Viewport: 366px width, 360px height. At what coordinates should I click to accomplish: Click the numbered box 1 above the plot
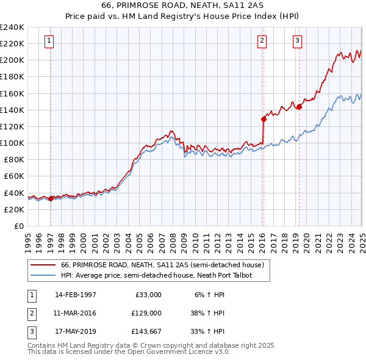(49, 41)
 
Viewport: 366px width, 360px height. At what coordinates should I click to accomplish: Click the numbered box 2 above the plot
(262, 41)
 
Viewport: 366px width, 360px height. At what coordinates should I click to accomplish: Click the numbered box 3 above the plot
(297, 41)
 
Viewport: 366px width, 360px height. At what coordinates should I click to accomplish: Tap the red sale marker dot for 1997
(51, 198)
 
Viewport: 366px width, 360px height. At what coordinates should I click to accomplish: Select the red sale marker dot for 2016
(264, 119)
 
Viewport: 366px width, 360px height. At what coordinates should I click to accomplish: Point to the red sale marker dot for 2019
(299, 107)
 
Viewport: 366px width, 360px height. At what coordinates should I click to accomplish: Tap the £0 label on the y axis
(18, 226)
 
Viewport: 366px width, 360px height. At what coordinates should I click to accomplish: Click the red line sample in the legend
(43, 265)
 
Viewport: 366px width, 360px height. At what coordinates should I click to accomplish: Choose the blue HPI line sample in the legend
(43, 276)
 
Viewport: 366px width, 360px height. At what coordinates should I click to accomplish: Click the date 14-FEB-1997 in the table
(76, 295)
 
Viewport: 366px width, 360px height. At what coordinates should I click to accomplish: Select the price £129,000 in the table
(146, 313)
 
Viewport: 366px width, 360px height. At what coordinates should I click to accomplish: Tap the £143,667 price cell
(146, 332)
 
